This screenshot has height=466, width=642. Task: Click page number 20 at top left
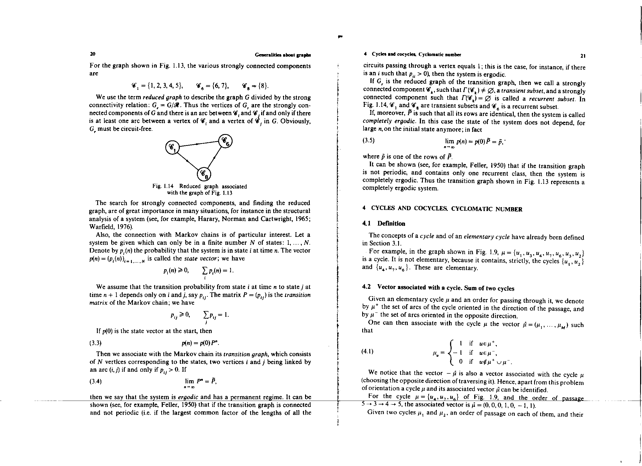pos(92,54)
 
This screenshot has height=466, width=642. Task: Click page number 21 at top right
pos(583,56)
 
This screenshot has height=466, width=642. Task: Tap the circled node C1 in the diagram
pos(172,147)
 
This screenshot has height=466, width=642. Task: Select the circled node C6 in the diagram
pos(226,141)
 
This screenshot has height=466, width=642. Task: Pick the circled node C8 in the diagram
pos(204,174)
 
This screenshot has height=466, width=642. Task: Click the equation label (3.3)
pos(95,343)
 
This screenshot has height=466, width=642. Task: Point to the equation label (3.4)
pos(95,381)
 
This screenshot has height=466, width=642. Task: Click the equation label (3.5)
pos(369,140)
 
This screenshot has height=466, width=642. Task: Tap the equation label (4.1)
pos(367,351)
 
